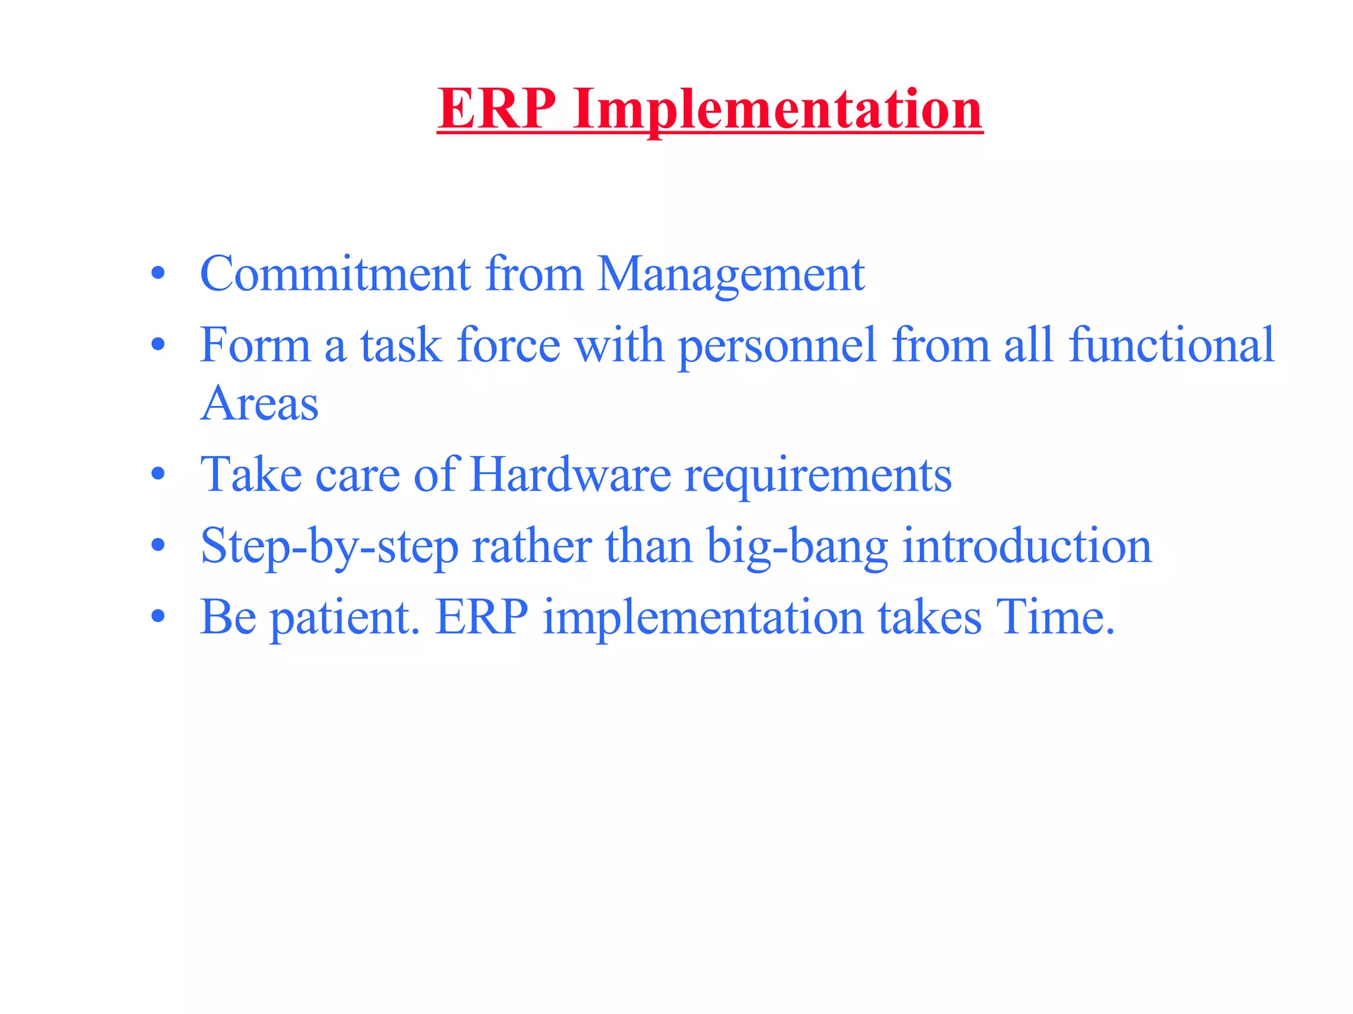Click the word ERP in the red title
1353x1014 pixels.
[x=497, y=108]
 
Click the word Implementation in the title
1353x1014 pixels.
[x=778, y=110]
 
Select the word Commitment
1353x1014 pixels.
[x=335, y=273]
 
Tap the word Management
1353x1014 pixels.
[x=731, y=275]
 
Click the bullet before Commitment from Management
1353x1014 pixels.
[x=157, y=273]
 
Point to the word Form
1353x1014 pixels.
[x=255, y=345]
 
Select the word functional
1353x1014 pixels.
[x=1171, y=345]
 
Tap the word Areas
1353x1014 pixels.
[x=260, y=403]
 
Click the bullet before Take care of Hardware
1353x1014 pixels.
[x=157, y=474]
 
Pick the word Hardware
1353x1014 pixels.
[x=570, y=474]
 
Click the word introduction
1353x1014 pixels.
[x=1027, y=546]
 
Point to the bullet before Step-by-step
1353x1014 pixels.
[x=157, y=546]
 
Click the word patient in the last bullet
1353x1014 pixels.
[x=346, y=618]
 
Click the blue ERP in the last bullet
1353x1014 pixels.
[x=482, y=617]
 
